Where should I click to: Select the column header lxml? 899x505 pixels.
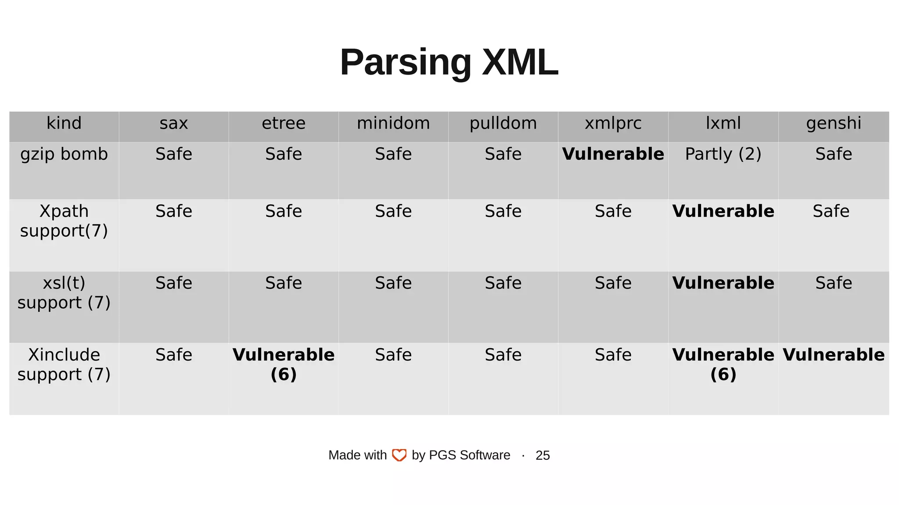(x=723, y=123)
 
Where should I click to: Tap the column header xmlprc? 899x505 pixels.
(x=613, y=123)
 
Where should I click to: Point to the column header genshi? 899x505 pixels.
(x=833, y=123)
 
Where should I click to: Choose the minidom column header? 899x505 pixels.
(x=393, y=123)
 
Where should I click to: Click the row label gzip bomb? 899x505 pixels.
(x=64, y=154)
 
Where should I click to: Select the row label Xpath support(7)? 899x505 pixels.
(x=64, y=220)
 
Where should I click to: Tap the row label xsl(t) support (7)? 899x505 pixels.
(x=64, y=292)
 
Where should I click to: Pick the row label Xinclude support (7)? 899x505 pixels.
(x=64, y=364)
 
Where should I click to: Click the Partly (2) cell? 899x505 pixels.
(x=723, y=154)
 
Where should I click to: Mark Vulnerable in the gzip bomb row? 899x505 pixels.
(x=613, y=154)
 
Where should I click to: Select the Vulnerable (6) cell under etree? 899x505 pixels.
(x=284, y=364)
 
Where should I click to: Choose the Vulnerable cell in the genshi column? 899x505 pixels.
(x=833, y=355)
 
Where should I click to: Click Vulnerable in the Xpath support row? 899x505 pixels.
(x=723, y=211)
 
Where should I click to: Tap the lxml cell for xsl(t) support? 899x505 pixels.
(x=723, y=283)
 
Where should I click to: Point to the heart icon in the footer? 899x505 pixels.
(x=399, y=455)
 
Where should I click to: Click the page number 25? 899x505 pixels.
(x=543, y=455)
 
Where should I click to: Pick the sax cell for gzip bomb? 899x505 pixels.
(x=174, y=154)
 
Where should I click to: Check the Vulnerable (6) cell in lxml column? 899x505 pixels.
(x=723, y=364)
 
